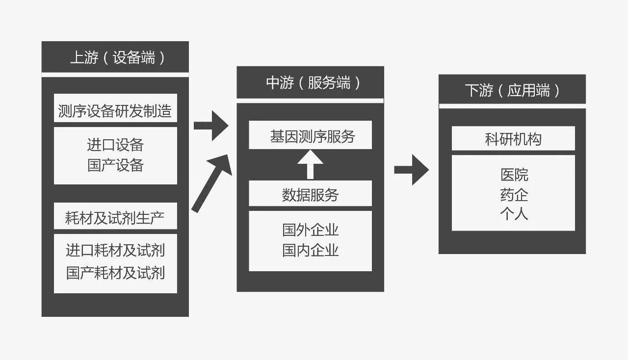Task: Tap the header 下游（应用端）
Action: click(x=512, y=90)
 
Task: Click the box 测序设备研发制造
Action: click(x=115, y=111)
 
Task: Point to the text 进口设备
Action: click(x=115, y=145)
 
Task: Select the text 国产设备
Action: click(x=115, y=165)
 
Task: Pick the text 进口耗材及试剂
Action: click(x=115, y=251)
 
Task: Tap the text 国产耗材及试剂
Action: click(x=115, y=273)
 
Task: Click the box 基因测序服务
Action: click(x=311, y=136)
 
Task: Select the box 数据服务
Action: click(x=311, y=195)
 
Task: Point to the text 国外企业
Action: click(x=311, y=230)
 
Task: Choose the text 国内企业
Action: click(x=311, y=251)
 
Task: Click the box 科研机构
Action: click(x=513, y=139)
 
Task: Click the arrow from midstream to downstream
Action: click(x=412, y=170)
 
